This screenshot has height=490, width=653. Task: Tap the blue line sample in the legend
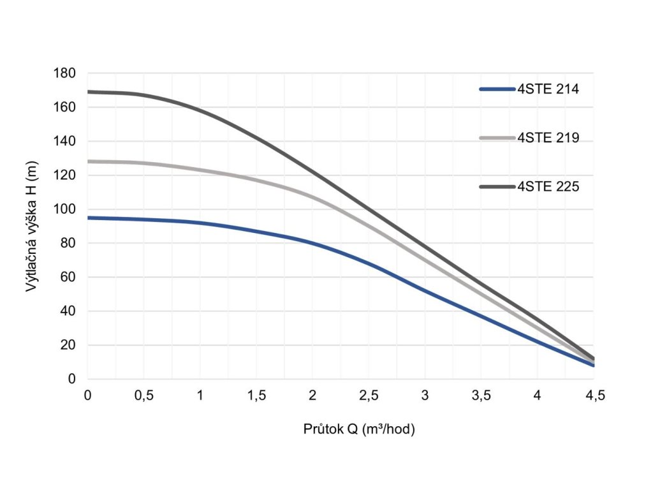[x=497, y=90]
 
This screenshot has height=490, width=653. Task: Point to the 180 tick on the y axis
[x=66, y=73]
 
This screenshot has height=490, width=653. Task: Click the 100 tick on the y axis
[x=66, y=209]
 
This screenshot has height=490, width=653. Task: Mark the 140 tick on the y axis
[x=66, y=141]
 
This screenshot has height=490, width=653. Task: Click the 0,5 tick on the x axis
[x=144, y=396]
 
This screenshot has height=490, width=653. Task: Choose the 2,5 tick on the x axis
[x=369, y=396]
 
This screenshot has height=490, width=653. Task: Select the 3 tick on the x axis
[x=425, y=396]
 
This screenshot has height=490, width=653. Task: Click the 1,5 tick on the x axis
[x=256, y=396]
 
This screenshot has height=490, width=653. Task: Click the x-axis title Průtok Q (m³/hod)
[x=359, y=429]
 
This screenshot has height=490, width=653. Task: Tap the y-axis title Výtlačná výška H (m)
[x=31, y=226]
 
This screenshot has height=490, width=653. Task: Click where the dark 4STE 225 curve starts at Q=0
[x=89, y=92]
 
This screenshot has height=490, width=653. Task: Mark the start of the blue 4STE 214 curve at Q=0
[x=89, y=218]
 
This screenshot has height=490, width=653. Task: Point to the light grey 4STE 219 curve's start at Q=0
[x=89, y=161]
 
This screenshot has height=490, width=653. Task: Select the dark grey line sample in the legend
[x=497, y=186]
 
